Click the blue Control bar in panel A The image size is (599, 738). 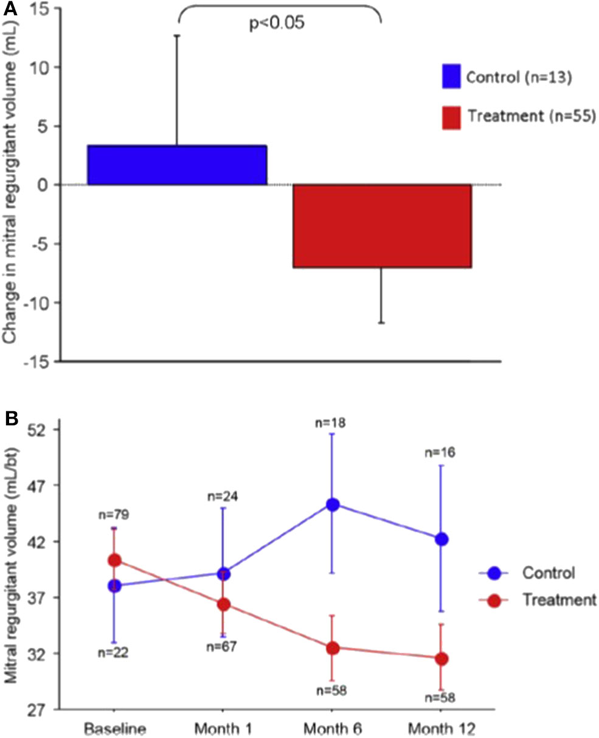177,165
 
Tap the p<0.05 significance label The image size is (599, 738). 277,25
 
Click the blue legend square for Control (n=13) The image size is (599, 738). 452,77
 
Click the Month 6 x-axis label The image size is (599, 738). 332,728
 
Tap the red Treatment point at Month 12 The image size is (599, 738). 441,658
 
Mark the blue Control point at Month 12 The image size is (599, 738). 441,539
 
